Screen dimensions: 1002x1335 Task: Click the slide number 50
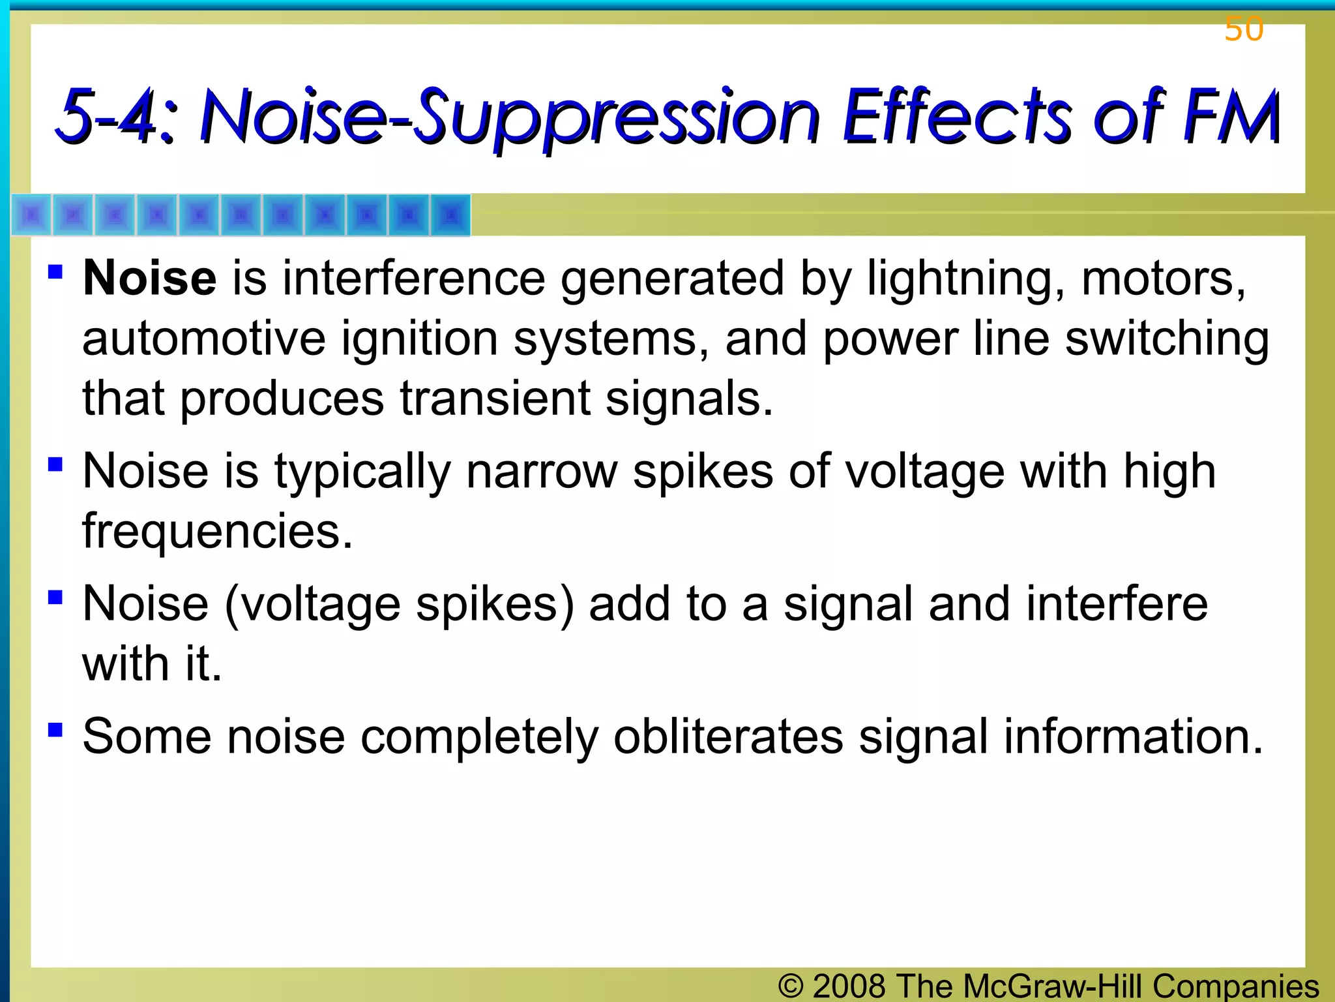[x=1244, y=30]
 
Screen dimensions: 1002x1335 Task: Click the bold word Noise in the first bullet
[x=149, y=279]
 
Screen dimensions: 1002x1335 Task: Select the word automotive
[x=203, y=339]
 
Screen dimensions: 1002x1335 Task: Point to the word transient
[x=495, y=399]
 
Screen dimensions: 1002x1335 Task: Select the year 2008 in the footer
[x=849, y=986]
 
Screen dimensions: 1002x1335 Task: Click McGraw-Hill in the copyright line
[x=1053, y=986]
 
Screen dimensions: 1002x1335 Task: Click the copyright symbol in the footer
[x=791, y=986]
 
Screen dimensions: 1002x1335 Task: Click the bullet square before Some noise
[x=55, y=729]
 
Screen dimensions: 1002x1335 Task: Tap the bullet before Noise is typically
[x=55, y=464]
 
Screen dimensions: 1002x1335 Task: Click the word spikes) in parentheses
[x=495, y=605]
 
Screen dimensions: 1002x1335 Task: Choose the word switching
[x=1167, y=339]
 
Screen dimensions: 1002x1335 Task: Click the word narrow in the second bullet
[x=541, y=472]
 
